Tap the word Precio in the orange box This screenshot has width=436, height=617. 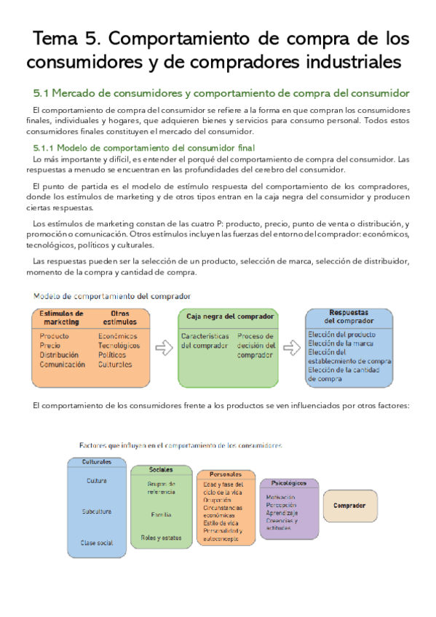coord(50,346)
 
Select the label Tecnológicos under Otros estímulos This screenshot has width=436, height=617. coord(121,346)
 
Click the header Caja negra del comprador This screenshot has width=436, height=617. coord(229,317)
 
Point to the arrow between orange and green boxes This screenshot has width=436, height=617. coord(165,347)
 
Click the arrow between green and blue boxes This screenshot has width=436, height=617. coord(291,347)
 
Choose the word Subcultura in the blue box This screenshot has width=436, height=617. coord(96,511)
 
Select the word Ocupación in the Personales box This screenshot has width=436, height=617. coord(219,500)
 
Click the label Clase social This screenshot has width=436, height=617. coord(96,543)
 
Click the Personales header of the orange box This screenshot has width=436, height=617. coord(226,474)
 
